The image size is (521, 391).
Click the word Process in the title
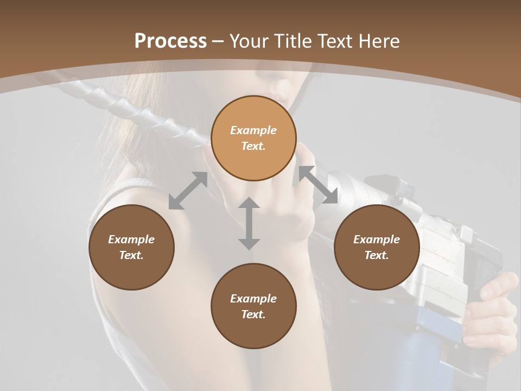coord(170,41)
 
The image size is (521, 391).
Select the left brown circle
coord(131,247)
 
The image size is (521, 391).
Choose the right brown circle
coord(377,247)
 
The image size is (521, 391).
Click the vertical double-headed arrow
coord(249,223)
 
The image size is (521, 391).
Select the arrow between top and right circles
coord(318,185)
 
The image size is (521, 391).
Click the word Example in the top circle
coord(253,130)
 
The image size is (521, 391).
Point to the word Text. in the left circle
coord(131,255)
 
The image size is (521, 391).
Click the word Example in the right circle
coord(377,239)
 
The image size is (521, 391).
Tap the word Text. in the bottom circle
coord(253,314)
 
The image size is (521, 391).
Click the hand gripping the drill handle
coord(491,310)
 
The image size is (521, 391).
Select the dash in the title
coord(218,42)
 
